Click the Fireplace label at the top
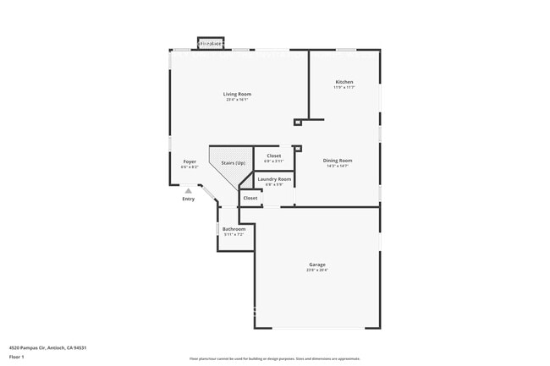tap(211, 43)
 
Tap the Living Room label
tap(237, 94)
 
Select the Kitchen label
tap(344, 82)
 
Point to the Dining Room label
tap(338, 160)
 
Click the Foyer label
tap(190, 161)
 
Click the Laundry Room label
tap(274, 178)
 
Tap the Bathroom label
tap(234, 229)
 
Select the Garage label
tap(316, 265)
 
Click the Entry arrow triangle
tap(188, 190)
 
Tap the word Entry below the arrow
tap(188, 199)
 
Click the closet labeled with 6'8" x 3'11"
tap(274, 156)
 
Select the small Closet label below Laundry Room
tap(250, 198)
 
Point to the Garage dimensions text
tap(316, 270)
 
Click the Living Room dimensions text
tap(237, 100)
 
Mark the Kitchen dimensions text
tap(344, 87)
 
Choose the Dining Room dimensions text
tap(338, 166)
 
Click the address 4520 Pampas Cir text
tap(48, 347)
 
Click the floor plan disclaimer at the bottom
tap(274, 358)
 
